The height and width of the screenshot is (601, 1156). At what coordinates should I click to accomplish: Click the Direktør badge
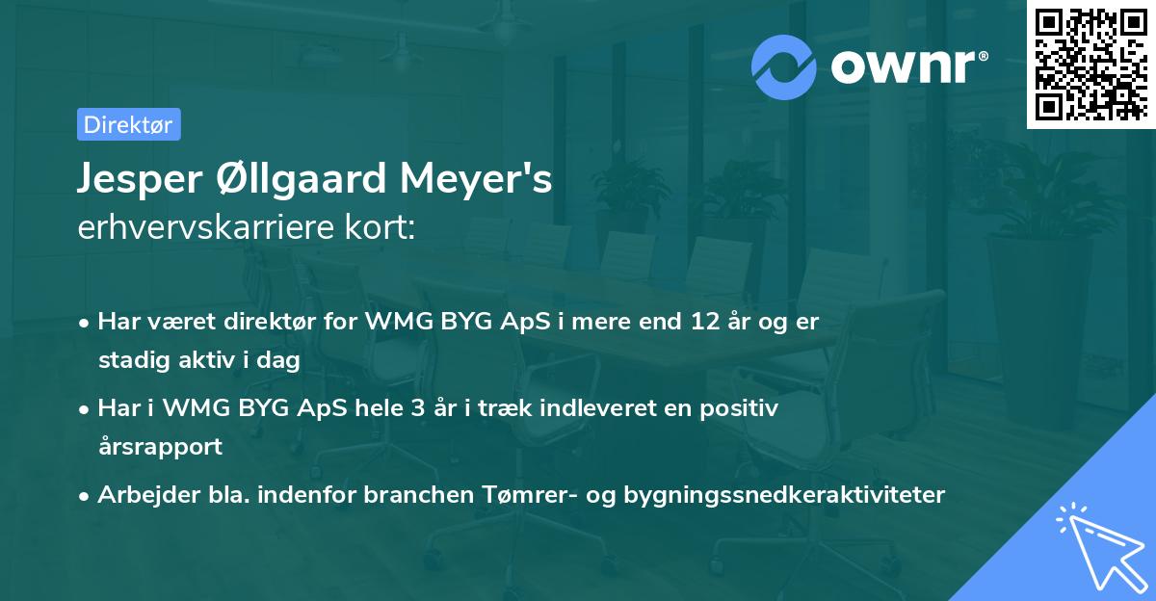coord(128,124)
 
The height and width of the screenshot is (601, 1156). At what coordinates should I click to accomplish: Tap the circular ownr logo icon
coord(785,66)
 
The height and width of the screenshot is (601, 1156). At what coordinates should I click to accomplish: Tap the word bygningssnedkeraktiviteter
coord(785,495)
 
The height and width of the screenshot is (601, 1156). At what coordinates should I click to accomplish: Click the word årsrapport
coord(160,447)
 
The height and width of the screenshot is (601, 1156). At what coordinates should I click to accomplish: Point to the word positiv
coord(745,408)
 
